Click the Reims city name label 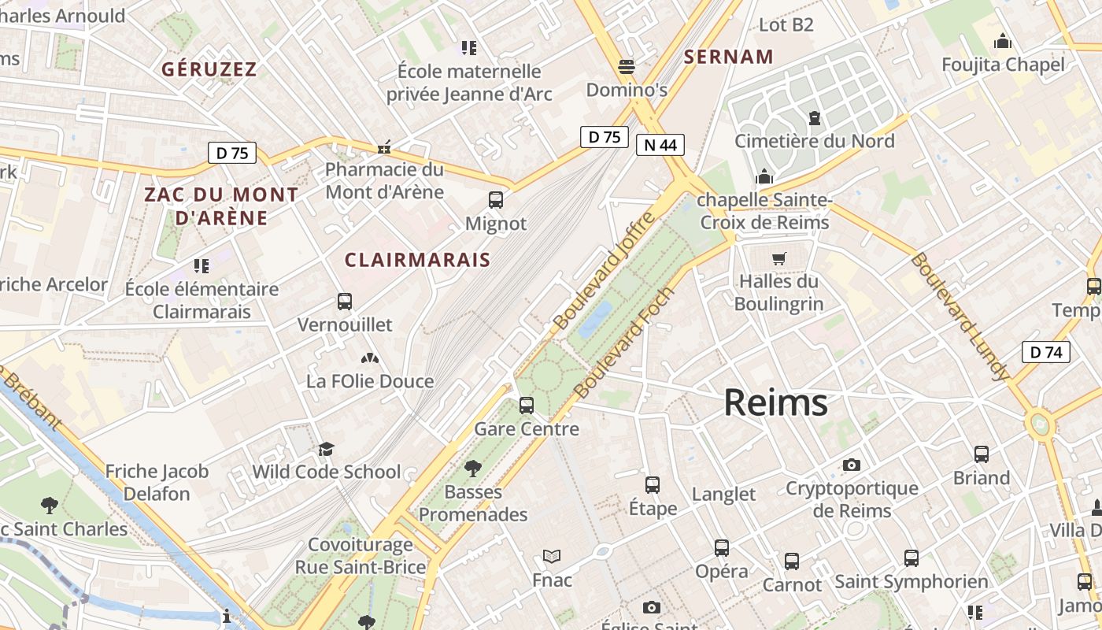point(775,403)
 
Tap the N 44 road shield point(660,145)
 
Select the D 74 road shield point(1046,352)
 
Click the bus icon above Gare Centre point(527,406)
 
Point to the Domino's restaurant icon point(627,67)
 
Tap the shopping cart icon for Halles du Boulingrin point(779,258)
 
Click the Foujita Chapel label point(1003,65)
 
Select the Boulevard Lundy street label point(960,317)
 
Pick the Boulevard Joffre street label point(604,271)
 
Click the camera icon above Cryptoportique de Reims point(852,465)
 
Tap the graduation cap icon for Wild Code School point(326,449)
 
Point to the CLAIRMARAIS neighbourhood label point(417,260)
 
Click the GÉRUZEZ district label point(209,69)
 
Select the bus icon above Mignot point(496,200)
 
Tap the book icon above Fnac point(552,557)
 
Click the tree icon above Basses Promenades point(473,469)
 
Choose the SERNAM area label point(729,57)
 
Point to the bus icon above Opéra point(722,548)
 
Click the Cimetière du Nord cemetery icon point(815,118)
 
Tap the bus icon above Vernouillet point(345,301)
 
